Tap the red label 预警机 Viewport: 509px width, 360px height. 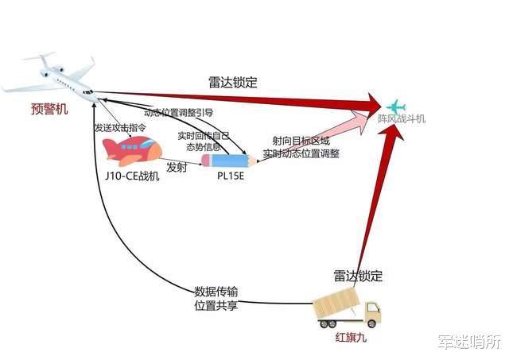(49, 109)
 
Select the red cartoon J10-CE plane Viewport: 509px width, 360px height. (132, 151)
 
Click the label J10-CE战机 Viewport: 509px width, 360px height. (132, 176)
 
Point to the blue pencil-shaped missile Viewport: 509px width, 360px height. (229, 161)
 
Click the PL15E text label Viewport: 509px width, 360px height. (231, 176)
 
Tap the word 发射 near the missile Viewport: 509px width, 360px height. (177, 168)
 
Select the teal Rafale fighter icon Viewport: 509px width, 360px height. (396, 106)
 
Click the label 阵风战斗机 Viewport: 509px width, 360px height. (402, 118)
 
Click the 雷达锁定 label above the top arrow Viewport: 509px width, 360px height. (233, 83)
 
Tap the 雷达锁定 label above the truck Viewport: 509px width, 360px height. (358, 276)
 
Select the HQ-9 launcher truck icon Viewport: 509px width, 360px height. (347, 308)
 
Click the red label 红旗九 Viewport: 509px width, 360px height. (351, 338)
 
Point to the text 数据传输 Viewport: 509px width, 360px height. (216, 292)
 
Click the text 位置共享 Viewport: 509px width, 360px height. (216, 305)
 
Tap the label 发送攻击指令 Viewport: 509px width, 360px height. (120, 127)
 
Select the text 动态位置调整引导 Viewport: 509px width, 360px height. (179, 113)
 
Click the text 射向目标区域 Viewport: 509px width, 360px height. (301, 141)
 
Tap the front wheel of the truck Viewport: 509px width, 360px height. (371, 323)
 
